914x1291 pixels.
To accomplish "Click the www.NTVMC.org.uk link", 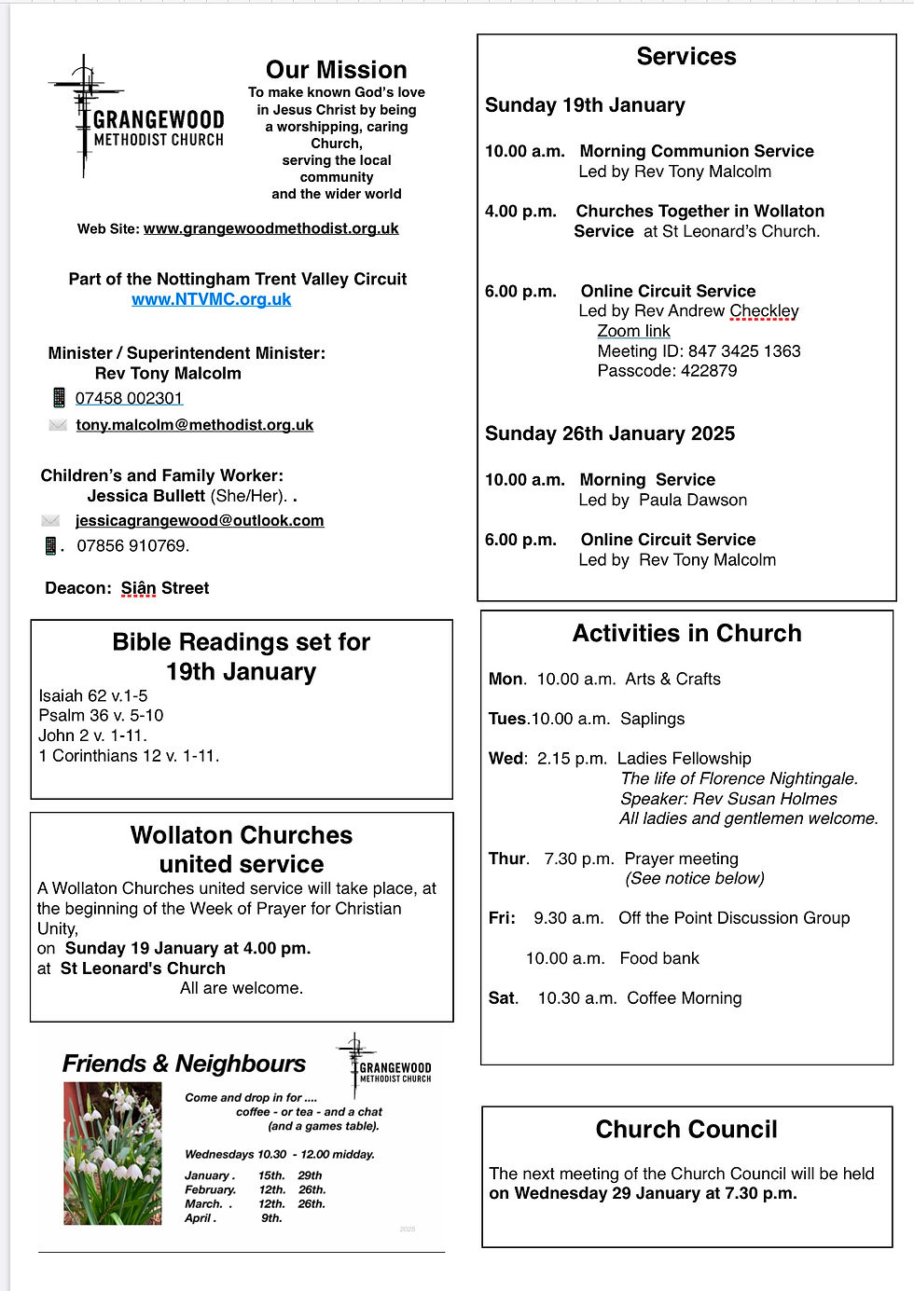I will (x=211, y=299).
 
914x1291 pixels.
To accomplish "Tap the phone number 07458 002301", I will (x=129, y=398).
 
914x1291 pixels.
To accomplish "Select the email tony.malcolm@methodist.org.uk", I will (x=194, y=425).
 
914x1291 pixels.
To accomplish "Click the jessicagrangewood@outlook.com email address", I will (x=200, y=521).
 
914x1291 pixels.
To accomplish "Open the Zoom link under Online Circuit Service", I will (x=633, y=331).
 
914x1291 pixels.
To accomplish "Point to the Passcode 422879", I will (x=667, y=370).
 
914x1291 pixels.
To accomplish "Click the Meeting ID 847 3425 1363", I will (x=699, y=351).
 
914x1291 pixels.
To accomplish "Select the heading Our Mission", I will (x=336, y=70).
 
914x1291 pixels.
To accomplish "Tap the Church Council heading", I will (x=686, y=1130).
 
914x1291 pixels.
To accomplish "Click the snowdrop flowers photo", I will (x=112, y=1153).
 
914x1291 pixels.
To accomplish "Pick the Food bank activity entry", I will (x=658, y=958).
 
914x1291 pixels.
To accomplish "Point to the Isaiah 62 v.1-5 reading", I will (x=93, y=696).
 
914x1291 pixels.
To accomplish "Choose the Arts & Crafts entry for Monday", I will (x=672, y=680).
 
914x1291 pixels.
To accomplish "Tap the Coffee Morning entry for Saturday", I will (x=684, y=998).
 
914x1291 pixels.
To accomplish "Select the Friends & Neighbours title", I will (x=184, y=1064).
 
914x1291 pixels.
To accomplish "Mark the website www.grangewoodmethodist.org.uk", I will (x=270, y=228).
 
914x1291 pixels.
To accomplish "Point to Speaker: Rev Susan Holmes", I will (x=728, y=799).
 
